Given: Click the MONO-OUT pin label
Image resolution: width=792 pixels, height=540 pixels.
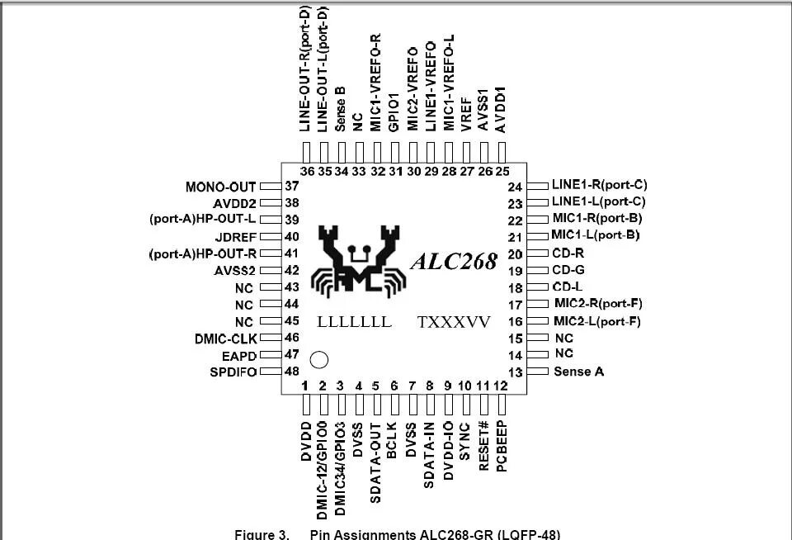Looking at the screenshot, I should pos(221,187).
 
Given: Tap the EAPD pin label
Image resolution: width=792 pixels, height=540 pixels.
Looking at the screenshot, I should pos(238,354).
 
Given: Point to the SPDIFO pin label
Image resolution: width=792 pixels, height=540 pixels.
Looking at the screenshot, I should pos(233,372).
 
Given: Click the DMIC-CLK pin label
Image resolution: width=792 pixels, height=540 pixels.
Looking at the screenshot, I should pos(226,338).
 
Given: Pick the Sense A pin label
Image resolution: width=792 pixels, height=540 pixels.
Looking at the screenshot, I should pos(578,372).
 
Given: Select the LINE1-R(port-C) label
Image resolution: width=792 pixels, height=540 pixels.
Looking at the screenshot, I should pos(599,185).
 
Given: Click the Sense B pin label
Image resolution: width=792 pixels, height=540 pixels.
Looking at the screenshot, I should pos(340,108).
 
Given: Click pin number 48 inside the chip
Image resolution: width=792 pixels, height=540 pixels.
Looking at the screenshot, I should pos(291,372).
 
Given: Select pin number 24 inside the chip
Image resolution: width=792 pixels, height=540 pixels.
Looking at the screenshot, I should pos(516,187).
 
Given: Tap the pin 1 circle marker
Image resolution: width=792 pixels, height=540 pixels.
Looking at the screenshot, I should pos(318,360).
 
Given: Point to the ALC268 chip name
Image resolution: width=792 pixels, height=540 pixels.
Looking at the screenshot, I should pos(455,262).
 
